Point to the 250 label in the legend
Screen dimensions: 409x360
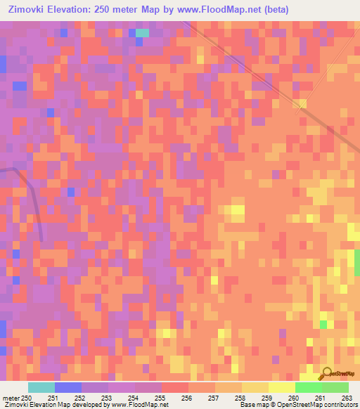(26, 398)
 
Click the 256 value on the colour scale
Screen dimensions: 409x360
(187, 398)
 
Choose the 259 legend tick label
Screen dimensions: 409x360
(267, 398)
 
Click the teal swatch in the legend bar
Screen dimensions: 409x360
(41, 387)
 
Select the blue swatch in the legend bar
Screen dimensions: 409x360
(67, 387)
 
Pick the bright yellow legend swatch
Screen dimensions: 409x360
(281, 387)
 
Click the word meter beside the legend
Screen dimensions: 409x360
(10, 398)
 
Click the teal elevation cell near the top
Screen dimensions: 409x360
(142, 32)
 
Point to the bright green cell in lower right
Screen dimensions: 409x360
(323, 324)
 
